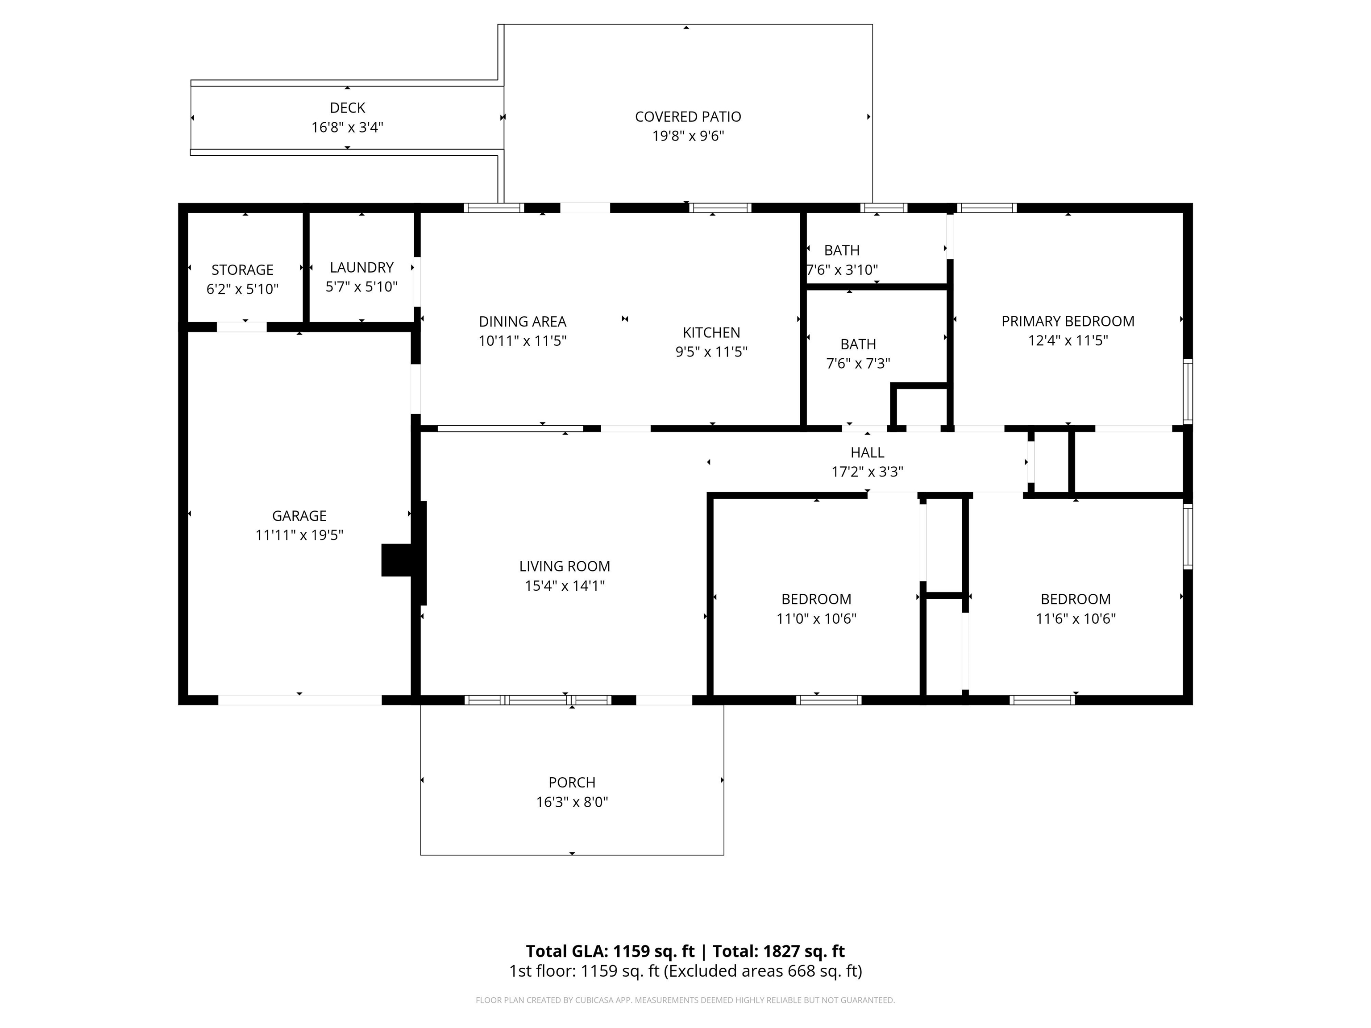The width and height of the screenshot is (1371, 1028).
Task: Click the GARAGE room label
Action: pos(299,515)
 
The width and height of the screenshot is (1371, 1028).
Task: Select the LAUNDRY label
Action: pos(361,267)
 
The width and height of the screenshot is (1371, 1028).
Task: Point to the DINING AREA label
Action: pos(523,322)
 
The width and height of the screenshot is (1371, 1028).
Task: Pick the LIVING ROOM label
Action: pos(565,566)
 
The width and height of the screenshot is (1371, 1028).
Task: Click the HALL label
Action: pos(867,452)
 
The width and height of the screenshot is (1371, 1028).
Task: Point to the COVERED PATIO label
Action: pos(688,116)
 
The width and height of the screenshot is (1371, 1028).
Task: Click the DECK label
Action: pos(348,108)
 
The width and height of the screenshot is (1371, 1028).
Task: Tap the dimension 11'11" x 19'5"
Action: pos(299,535)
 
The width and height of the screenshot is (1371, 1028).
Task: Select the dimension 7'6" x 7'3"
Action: pos(858,363)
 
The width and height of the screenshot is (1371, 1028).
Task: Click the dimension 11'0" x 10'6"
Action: pos(816,618)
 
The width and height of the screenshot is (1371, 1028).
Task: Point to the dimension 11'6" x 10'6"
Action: pos(1076,618)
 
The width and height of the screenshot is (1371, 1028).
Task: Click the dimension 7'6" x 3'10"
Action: pos(842,269)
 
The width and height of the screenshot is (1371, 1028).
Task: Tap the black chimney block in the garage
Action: pos(397,560)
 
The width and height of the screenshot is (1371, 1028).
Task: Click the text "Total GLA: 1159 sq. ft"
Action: pos(611,951)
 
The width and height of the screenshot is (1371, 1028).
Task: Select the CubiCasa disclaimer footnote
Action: pos(685,1000)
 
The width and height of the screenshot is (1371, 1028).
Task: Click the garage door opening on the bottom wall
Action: pos(300,700)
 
